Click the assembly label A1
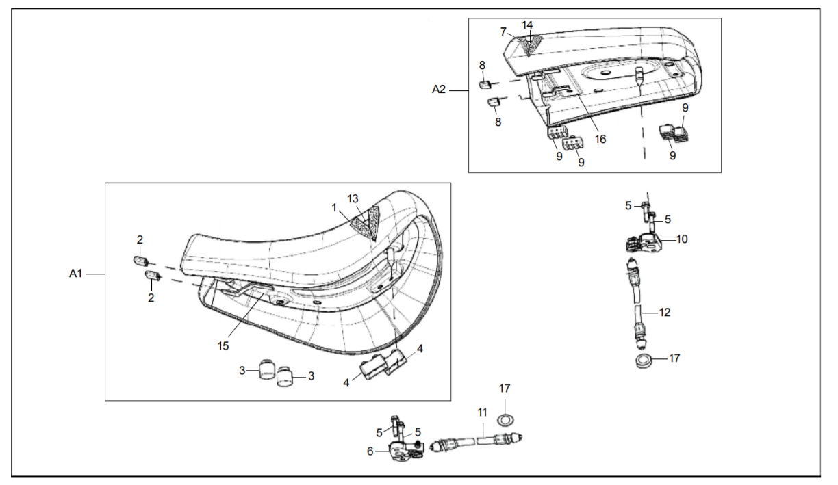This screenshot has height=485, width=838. click(x=75, y=273)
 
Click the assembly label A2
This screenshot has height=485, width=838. click(x=439, y=89)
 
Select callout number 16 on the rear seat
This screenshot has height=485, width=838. click(x=600, y=139)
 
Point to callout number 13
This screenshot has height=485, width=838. click(x=353, y=198)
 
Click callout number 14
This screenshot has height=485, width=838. click(x=527, y=25)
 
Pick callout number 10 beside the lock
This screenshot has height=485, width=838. click(x=682, y=239)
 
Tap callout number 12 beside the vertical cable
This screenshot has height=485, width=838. click(x=664, y=312)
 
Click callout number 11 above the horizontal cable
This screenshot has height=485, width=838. click(x=482, y=412)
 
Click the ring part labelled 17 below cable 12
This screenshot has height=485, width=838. click(x=643, y=361)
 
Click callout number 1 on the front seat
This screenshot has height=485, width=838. click(x=335, y=207)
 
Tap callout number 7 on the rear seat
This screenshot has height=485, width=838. click(x=503, y=32)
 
